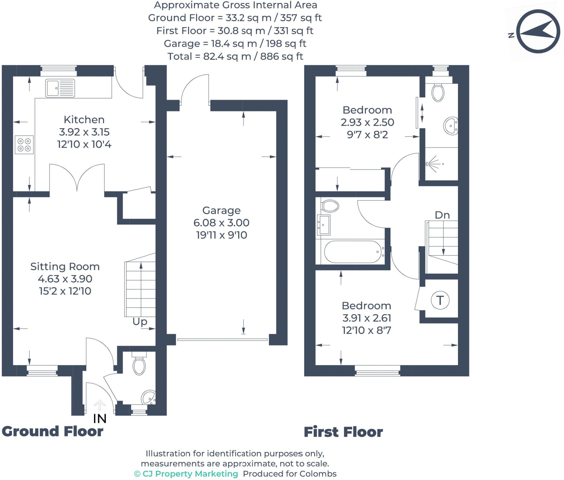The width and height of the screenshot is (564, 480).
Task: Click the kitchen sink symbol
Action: (60, 88)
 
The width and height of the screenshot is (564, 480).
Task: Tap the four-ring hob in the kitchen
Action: (24, 145)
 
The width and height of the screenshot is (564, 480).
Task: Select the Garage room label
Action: (221, 210)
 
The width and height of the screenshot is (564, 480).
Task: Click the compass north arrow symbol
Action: (538, 31)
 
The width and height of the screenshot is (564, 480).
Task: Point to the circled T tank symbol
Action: (440, 300)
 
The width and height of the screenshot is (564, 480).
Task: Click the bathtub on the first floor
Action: (354, 252)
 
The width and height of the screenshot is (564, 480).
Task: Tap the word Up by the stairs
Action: (140, 321)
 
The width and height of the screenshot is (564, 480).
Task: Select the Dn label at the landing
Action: (442, 215)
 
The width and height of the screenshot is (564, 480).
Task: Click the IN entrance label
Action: (100, 419)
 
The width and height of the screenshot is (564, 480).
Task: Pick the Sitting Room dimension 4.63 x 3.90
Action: (65, 279)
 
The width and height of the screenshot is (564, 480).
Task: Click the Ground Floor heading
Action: (52, 431)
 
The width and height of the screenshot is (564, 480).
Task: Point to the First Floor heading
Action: (343, 432)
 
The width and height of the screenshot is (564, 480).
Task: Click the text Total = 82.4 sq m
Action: (235, 56)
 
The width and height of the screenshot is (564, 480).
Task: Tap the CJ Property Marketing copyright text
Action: (186, 473)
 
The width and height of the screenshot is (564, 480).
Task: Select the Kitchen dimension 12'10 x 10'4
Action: (84, 144)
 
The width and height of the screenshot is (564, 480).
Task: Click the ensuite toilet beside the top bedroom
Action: (438, 93)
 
